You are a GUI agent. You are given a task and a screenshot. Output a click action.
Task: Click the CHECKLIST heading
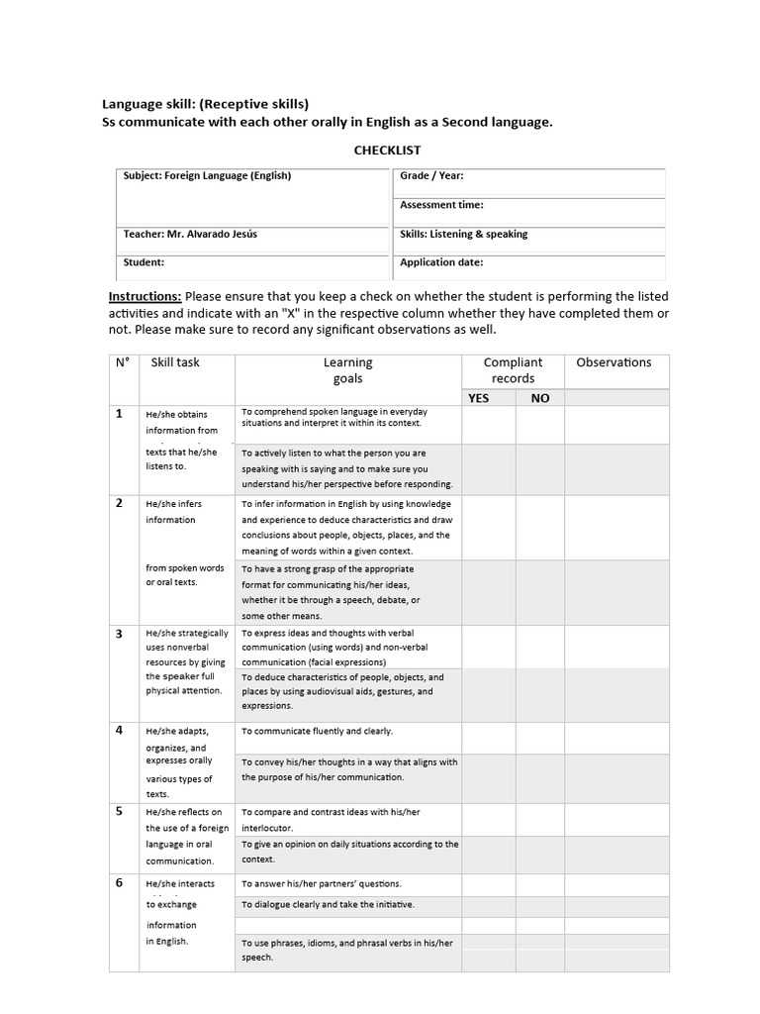pos(387,151)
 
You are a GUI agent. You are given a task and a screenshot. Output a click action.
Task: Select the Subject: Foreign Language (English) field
pos(207,176)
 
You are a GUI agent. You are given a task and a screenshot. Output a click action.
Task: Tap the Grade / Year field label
pos(431,176)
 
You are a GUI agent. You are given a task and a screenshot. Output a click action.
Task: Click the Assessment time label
pos(441,205)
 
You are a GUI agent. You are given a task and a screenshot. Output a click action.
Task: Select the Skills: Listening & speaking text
pos(463,235)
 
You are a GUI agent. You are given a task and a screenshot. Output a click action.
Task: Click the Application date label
pos(441,263)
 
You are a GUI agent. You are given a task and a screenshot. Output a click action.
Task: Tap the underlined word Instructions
pos(144,297)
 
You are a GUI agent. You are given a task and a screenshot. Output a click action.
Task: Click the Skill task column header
pos(175,362)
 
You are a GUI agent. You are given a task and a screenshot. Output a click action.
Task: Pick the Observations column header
pos(614,362)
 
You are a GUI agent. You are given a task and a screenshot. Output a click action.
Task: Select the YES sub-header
pos(479,398)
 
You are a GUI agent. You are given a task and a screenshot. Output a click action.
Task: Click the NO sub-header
pos(539,398)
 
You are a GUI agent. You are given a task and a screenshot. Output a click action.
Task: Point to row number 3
pos(120,634)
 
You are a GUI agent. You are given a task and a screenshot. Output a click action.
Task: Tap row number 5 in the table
pos(120,811)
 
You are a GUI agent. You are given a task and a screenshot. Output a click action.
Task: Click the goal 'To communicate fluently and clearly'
pos(318,731)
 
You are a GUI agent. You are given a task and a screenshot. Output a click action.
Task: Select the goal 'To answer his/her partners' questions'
pos(322,883)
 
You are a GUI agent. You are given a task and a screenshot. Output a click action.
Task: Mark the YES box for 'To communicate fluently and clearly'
pos(488,738)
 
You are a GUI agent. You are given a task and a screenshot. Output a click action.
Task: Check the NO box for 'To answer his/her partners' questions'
pos(539,883)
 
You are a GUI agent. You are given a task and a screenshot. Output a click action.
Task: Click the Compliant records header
pos(513,370)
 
